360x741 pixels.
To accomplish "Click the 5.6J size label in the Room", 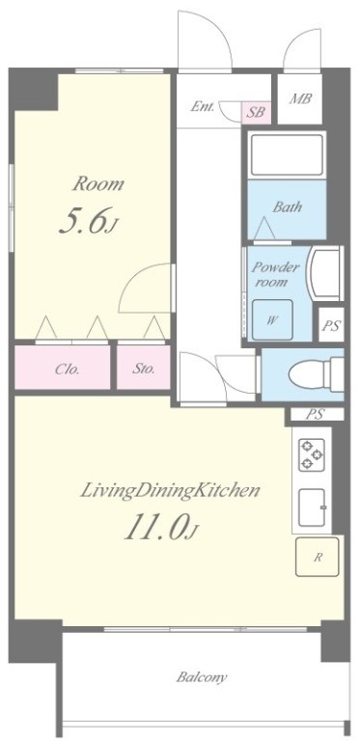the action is (x=88, y=221).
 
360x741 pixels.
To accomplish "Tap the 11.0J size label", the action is (x=160, y=527).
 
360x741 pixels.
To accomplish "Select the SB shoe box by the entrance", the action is (x=257, y=113).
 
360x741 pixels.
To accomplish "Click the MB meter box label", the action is (x=300, y=99).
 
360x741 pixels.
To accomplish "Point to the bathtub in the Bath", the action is (x=287, y=155).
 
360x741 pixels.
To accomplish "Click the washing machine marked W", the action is (x=272, y=320).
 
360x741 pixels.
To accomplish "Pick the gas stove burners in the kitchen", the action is (x=312, y=454).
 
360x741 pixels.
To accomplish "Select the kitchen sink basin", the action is (x=312, y=508).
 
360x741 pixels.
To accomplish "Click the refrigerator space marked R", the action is (x=317, y=557).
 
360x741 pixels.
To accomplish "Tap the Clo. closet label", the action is (x=67, y=370).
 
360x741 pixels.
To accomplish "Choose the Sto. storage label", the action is (x=143, y=369).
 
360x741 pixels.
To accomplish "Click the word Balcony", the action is (x=202, y=677).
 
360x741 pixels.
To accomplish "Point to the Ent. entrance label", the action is (x=203, y=107).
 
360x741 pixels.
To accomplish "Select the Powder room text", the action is (x=275, y=275).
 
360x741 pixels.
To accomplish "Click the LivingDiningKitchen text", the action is (x=170, y=490).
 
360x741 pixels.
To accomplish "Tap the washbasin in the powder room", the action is (x=324, y=274).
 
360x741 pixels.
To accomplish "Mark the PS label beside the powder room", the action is (x=332, y=326).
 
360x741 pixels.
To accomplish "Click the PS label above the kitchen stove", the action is (x=315, y=415).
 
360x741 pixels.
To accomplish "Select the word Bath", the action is (x=288, y=206).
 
